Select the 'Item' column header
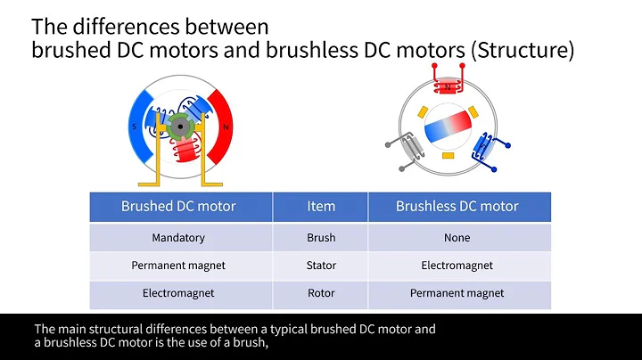tap(321, 206)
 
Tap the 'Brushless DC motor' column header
tap(457, 206)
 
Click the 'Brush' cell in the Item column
tap(321, 238)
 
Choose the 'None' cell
tap(457, 238)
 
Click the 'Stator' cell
tap(321, 266)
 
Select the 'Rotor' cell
tap(321, 293)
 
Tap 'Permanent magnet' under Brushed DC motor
tap(178, 266)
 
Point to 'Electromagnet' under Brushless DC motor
tap(457, 266)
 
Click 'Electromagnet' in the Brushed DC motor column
tap(178, 293)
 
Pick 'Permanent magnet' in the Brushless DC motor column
tap(457, 293)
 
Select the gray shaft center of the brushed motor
tap(182, 130)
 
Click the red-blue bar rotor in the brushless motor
tap(449, 127)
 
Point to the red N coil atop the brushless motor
tap(449, 87)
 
